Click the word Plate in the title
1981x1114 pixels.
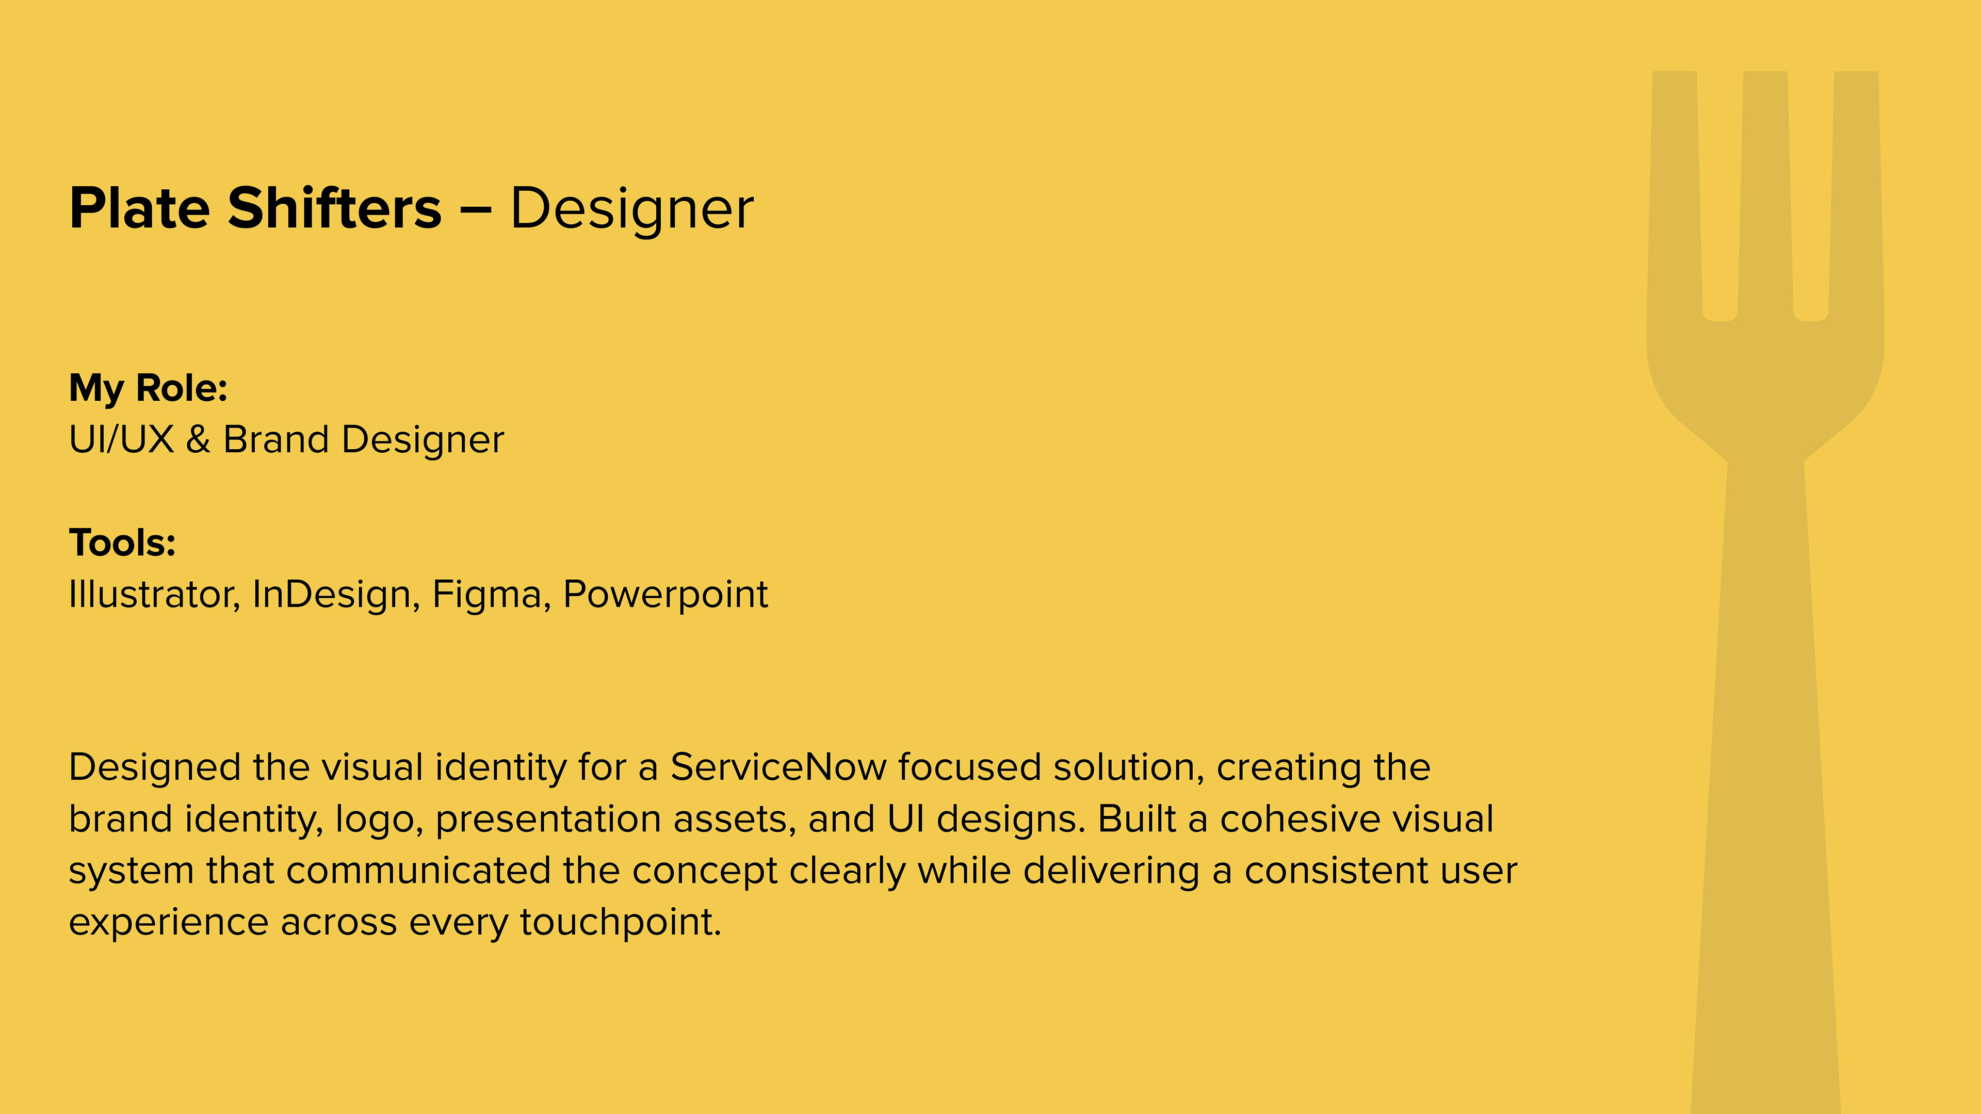tap(139, 208)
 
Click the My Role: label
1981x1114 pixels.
tap(149, 388)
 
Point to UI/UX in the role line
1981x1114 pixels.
tap(122, 440)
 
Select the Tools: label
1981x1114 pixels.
tap(122, 543)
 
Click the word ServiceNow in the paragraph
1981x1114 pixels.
tap(778, 767)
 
